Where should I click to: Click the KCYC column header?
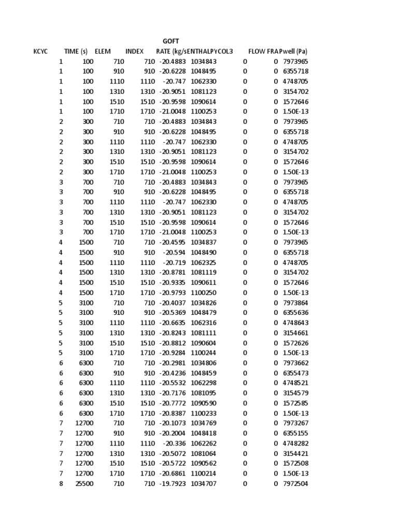40,51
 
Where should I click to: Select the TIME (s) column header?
76,51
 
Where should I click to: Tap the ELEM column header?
103,51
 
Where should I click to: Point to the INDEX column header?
134,51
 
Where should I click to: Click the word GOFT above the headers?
171,41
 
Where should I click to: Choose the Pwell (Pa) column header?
294,51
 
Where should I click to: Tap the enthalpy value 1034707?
203,484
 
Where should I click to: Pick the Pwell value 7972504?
295,484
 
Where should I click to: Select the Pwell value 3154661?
295,332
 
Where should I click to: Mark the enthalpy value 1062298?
203,383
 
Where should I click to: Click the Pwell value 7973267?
295,423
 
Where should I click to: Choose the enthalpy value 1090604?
203,343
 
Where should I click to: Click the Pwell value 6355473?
295,373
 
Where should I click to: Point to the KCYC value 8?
61,484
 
